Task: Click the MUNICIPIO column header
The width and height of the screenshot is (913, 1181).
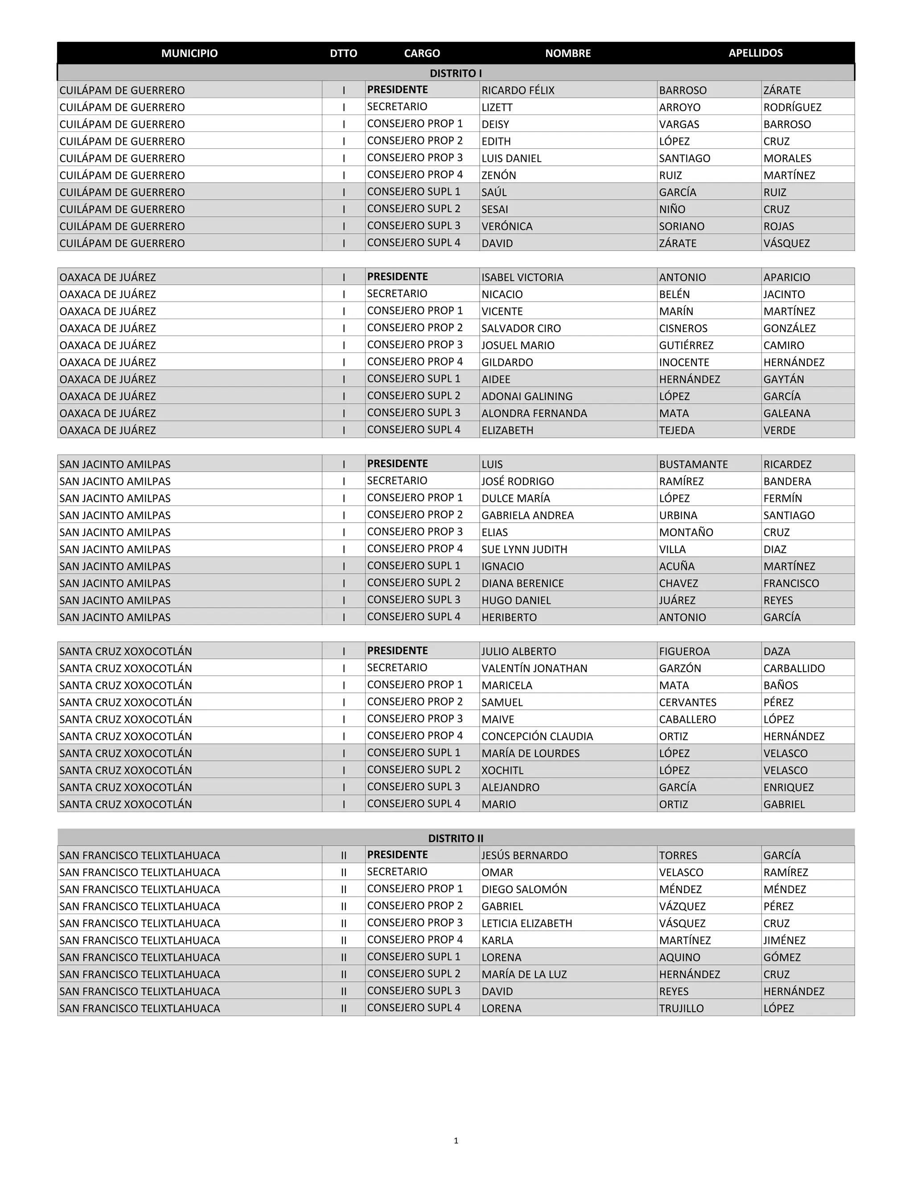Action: click(x=189, y=53)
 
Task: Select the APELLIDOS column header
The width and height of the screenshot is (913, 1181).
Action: click(x=755, y=53)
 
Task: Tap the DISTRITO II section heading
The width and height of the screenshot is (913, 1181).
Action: click(x=456, y=838)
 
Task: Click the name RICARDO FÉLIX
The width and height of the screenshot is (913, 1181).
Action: click(x=518, y=90)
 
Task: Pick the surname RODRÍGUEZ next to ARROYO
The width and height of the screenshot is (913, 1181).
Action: click(x=792, y=107)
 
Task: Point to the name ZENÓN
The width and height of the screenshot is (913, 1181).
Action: click(x=499, y=176)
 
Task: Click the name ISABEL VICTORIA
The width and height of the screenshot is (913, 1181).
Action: click(x=522, y=277)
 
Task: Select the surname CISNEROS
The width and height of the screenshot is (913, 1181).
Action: click(x=683, y=328)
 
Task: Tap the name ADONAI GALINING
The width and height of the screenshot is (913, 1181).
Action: click(x=526, y=396)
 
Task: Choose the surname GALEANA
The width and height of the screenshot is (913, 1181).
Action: click(x=786, y=414)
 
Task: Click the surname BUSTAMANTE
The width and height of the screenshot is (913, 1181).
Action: click(x=693, y=464)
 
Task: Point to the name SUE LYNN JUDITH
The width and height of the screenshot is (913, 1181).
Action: click(x=524, y=549)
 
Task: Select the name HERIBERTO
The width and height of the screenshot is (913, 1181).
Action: click(x=509, y=618)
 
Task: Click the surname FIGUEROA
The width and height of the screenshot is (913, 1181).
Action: click(x=684, y=652)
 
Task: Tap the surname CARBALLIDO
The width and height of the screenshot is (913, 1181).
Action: click(x=794, y=668)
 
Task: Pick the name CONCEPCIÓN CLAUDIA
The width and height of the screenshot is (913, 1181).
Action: click(x=537, y=737)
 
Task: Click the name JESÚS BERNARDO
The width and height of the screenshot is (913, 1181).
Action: click(x=524, y=856)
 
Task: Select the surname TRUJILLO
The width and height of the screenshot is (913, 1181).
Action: click(x=681, y=1009)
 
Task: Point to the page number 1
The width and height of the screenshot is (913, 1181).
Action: click(x=456, y=1141)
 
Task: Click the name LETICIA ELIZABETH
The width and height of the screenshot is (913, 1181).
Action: click(x=526, y=923)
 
